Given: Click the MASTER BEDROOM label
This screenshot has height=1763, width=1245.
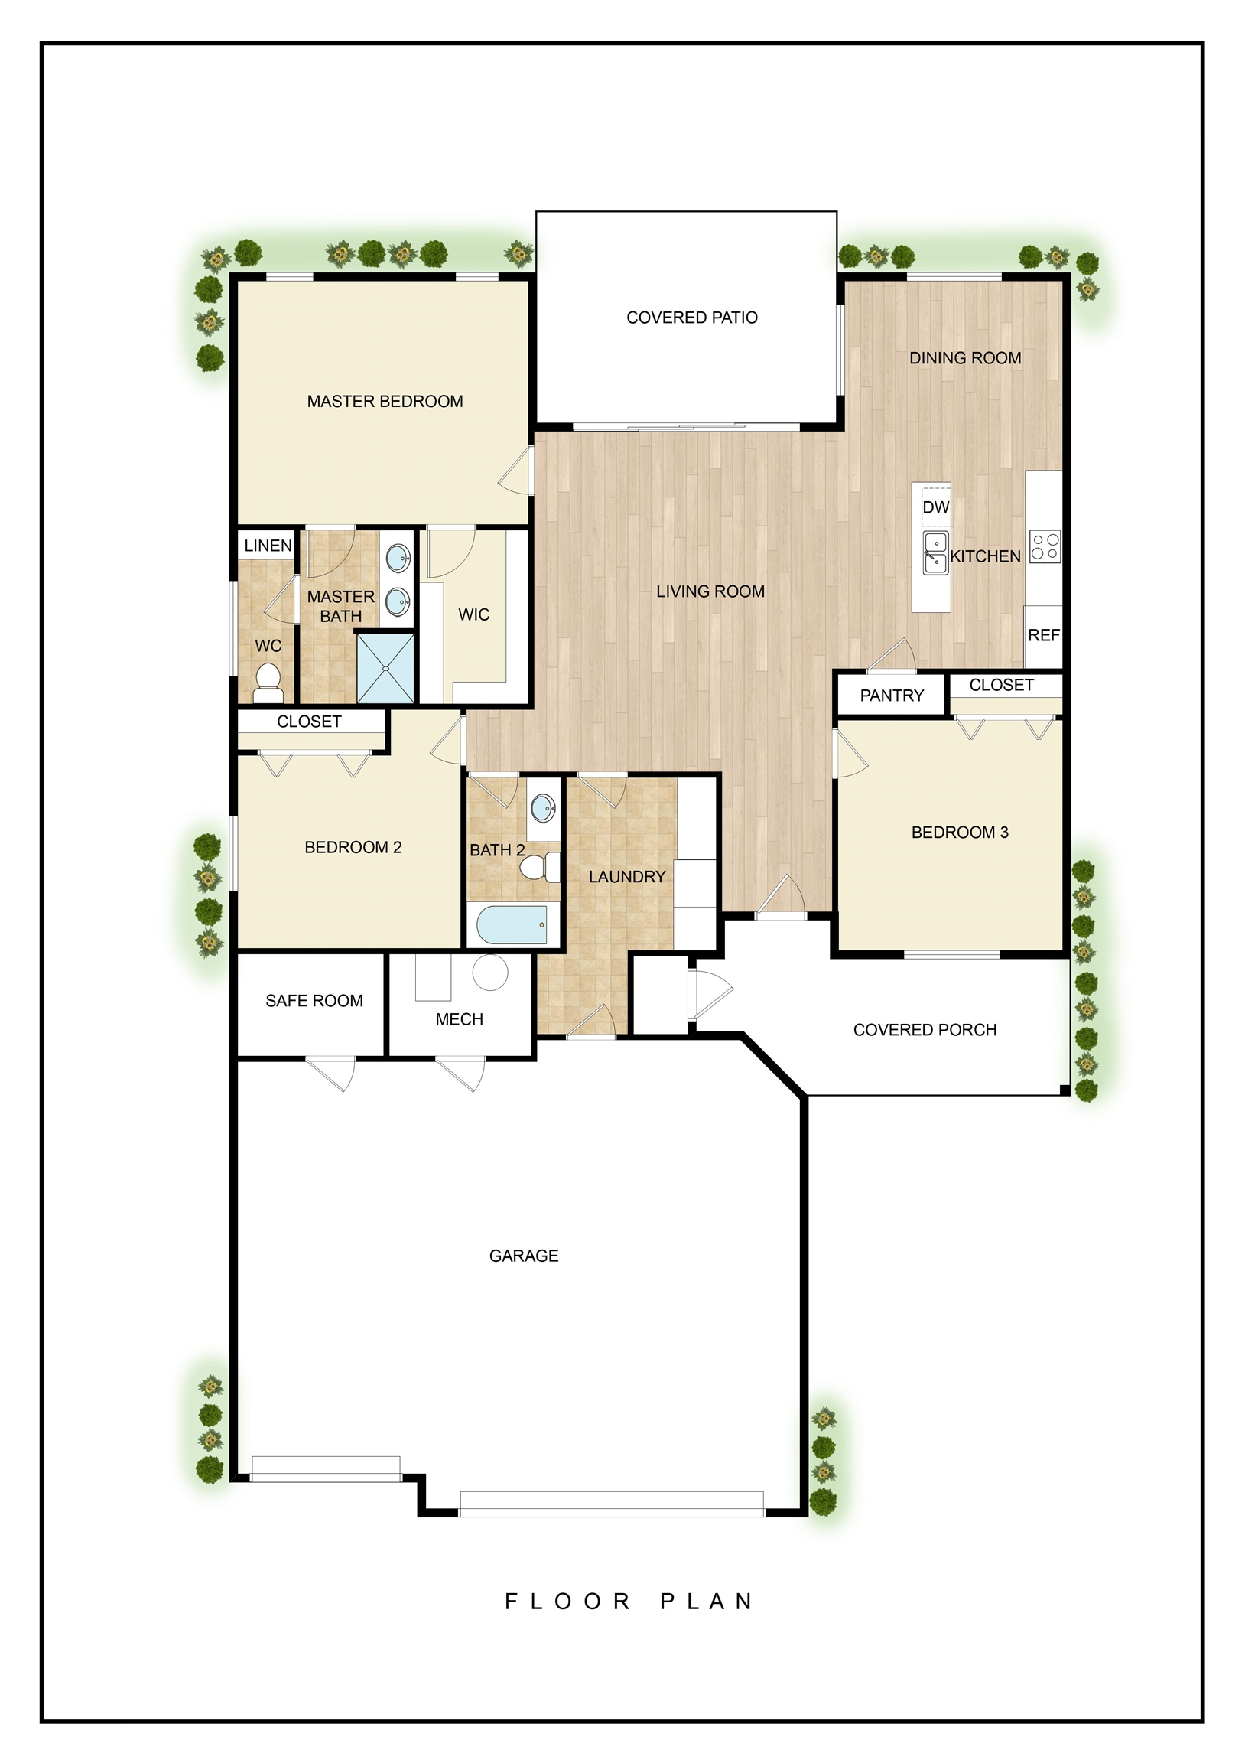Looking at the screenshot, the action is [x=385, y=401].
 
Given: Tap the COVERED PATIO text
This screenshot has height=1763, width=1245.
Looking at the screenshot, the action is [x=691, y=317].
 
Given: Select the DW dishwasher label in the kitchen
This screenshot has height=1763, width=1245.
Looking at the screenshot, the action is [x=936, y=507].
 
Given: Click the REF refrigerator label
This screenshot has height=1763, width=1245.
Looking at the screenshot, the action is [x=1043, y=635].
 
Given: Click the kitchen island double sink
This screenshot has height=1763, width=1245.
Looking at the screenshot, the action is [x=935, y=553].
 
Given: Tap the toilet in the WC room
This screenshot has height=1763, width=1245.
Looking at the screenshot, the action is [x=268, y=683].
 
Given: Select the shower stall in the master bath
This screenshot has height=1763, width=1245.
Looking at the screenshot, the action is [x=385, y=668].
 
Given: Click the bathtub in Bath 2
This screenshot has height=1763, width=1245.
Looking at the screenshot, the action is [x=512, y=924].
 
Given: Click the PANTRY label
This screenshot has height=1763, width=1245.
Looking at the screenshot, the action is [x=891, y=695].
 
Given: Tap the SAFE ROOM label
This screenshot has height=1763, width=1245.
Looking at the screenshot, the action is [x=314, y=1001].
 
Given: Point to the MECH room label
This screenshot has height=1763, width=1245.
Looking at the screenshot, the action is [x=459, y=1019].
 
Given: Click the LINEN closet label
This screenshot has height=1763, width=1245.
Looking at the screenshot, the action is [x=268, y=545].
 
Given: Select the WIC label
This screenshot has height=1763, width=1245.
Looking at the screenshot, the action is [x=473, y=614].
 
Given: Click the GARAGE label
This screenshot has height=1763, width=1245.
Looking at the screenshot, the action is [x=524, y=1256].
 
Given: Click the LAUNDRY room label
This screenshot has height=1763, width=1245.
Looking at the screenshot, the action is [x=627, y=876].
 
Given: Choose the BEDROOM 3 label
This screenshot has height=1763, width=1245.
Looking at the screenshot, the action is [x=960, y=832].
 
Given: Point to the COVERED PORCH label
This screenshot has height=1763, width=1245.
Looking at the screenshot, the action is [x=925, y=1030].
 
